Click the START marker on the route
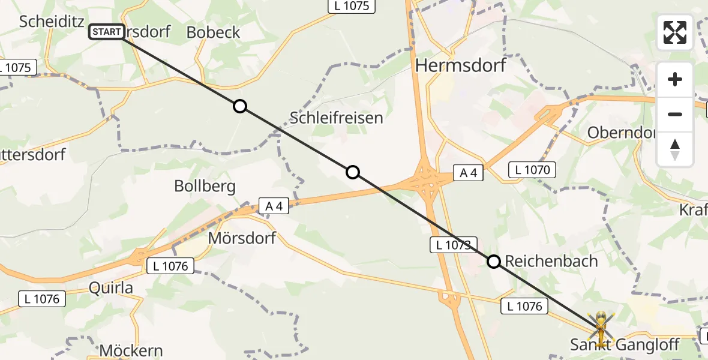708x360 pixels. point(106,32)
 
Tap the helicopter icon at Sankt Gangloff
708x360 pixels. point(600,326)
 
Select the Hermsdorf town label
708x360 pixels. point(460,65)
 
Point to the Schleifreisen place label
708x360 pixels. point(336,118)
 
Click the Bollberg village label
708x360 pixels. point(205,186)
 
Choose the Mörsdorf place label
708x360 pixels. point(242,238)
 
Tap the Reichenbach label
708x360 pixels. point(551,261)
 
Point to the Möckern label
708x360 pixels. point(131,350)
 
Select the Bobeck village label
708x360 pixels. point(213,32)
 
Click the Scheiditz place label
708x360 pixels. point(50,21)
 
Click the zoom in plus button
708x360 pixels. point(675,79)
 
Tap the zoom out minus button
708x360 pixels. point(675,114)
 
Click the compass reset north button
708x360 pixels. point(675,149)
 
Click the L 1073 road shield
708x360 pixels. point(454,244)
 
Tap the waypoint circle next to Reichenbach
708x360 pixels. point(494,262)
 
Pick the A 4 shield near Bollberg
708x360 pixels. point(274,206)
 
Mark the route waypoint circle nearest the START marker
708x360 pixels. point(239,106)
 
